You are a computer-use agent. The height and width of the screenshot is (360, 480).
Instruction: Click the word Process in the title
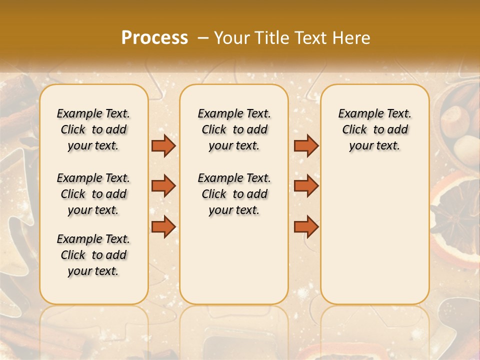click(x=154, y=38)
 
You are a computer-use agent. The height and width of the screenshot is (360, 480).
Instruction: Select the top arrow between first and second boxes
click(x=163, y=145)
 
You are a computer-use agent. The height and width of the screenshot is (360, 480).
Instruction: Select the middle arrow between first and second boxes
click(x=163, y=186)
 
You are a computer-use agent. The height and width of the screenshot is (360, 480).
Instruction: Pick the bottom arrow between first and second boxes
click(x=163, y=226)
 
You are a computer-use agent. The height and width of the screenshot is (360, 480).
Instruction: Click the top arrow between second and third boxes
click(x=306, y=145)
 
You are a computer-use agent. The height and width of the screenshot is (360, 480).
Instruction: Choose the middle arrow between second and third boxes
click(x=306, y=186)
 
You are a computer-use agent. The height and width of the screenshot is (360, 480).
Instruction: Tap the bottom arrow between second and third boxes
click(x=306, y=226)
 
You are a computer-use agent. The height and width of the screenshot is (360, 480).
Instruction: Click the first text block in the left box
click(x=93, y=129)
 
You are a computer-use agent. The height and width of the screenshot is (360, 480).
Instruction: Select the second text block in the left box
click(x=93, y=194)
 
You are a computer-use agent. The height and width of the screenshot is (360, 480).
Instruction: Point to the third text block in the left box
click(x=93, y=255)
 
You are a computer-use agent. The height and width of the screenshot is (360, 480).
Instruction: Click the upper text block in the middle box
click(x=234, y=129)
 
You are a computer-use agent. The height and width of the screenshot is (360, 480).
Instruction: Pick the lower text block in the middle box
click(x=234, y=194)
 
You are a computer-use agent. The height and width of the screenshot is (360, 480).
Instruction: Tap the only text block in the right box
click(x=374, y=129)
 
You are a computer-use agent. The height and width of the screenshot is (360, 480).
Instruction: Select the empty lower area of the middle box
click(x=234, y=260)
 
